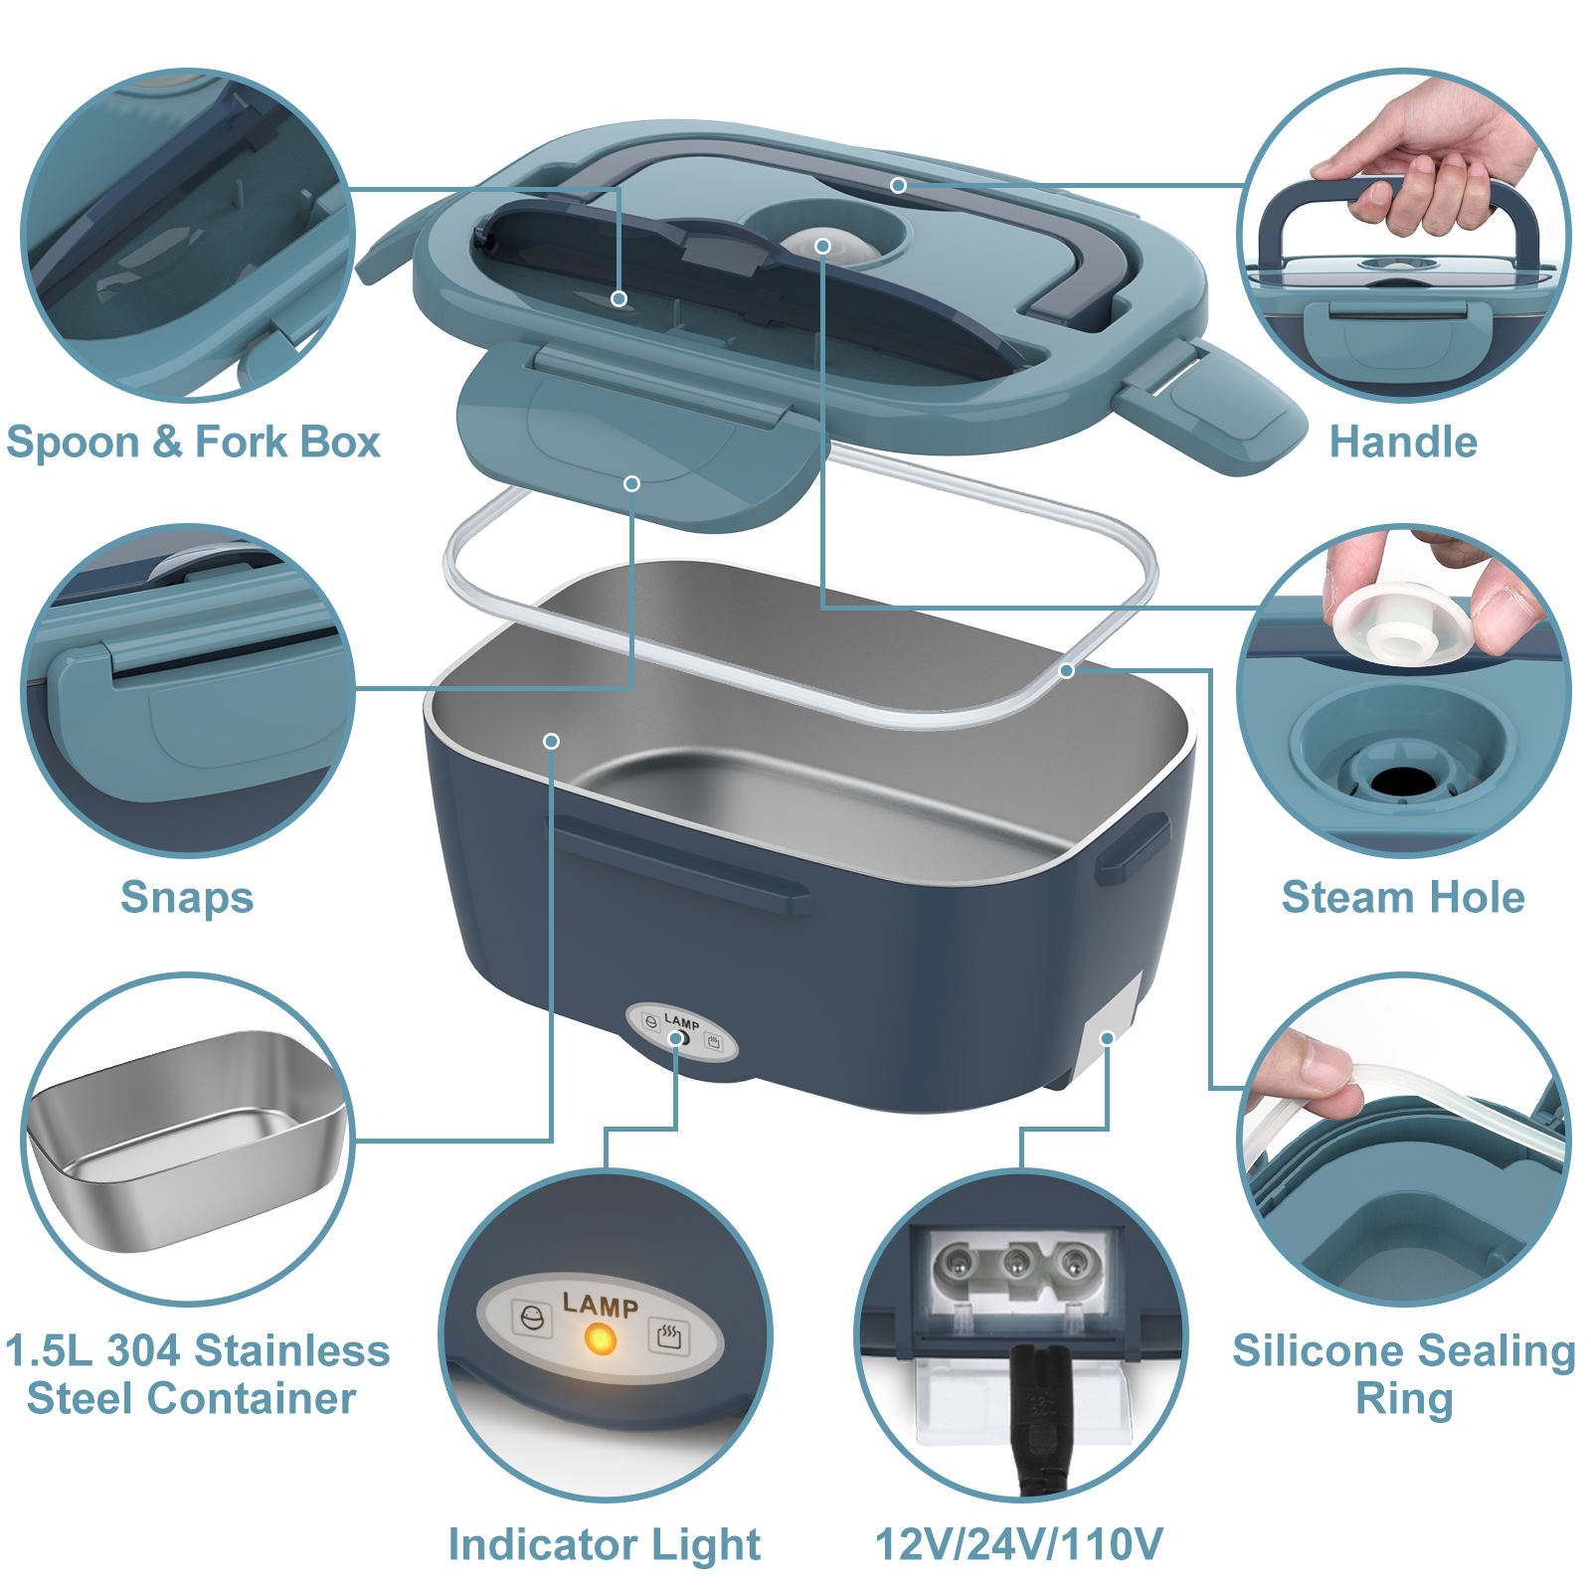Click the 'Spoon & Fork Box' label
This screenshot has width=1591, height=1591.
[x=193, y=442]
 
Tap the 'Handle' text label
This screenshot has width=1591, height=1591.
[x=1402, y=442]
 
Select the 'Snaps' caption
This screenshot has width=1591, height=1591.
[x=187, y=897]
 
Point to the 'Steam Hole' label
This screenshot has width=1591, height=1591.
[x=1402, y=897]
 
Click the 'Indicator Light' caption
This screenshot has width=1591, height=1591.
[x=604, y=1544]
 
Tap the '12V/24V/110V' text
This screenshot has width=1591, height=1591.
[x=1018, y=1544]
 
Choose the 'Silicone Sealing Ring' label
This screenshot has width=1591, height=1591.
[x=1403, y=1374]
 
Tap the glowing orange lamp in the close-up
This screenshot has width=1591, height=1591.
[x=600, y=1339]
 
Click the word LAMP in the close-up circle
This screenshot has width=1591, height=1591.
[x=600, y=1305]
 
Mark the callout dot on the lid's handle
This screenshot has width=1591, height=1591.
[x=898, y=185]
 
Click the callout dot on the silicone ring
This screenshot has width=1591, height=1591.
[x=1066, y=671]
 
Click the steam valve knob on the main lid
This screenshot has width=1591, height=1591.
[x=822, y=244]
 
